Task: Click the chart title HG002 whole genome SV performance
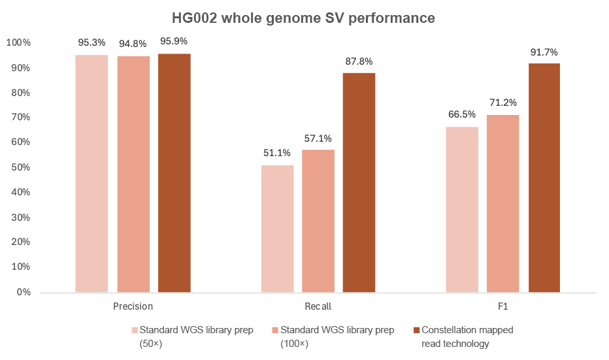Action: [304, 18]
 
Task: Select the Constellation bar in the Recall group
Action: [359, 182]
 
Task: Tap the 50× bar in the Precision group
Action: [91, 173]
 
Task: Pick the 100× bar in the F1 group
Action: [503, 203]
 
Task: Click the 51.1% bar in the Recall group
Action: [277, 228]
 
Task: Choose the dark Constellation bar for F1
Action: [544, 177]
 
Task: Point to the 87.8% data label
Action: [359, 61]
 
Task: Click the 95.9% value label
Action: [174, 41]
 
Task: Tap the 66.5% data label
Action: [462, 114]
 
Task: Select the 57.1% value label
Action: [318, 138]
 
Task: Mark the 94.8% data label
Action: [133, 44]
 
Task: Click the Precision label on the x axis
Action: [133, 306]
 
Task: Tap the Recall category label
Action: [318, 306]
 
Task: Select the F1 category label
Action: [503, 306]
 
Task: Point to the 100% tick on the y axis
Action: [18, 43]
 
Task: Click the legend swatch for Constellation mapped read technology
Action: [416, 330]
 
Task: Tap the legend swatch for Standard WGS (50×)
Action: [135, 330]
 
